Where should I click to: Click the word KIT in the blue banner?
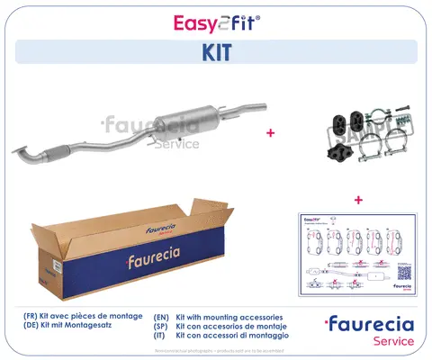coord(216,52)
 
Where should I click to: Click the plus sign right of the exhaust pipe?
coord(270,131)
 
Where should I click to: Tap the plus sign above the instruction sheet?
coord(357,200)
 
